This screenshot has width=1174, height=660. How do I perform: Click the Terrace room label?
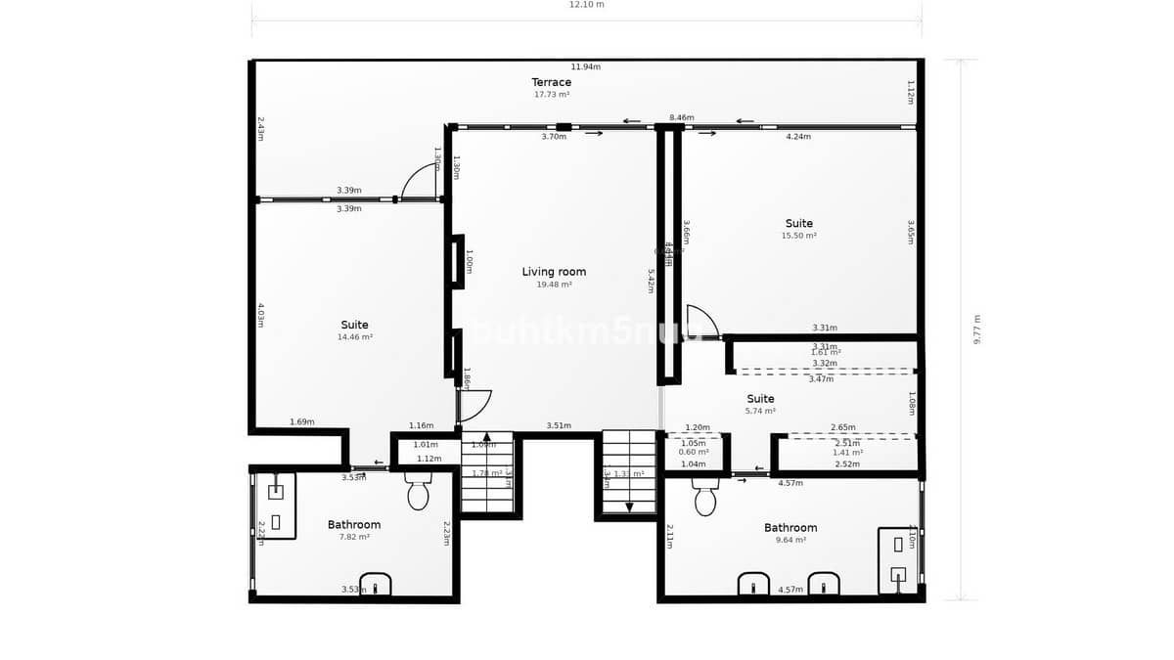551,82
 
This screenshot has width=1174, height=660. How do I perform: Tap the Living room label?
554,272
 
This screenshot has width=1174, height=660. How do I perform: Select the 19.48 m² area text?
554,285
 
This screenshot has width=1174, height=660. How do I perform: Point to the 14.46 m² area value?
354,337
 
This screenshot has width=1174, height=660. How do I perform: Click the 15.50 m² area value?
798,236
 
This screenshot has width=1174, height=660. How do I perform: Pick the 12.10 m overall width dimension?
587,5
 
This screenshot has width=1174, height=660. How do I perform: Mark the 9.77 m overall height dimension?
975,329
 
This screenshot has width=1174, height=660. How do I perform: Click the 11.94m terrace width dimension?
585,66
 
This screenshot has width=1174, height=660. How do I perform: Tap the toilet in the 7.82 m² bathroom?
418,493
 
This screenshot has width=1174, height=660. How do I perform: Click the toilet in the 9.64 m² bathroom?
705,498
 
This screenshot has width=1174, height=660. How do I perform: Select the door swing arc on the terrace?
421,182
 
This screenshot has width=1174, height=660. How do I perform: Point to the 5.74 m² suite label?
760,399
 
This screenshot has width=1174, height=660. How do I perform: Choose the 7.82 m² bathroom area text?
354,537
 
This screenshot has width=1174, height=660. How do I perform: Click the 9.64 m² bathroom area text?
790,540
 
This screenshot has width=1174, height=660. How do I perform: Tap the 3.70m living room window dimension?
554,137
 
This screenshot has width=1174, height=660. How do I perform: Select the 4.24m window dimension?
798,137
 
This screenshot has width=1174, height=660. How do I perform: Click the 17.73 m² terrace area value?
551,95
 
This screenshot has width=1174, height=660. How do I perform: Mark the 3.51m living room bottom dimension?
558,425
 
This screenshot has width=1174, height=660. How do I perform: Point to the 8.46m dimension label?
681,117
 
